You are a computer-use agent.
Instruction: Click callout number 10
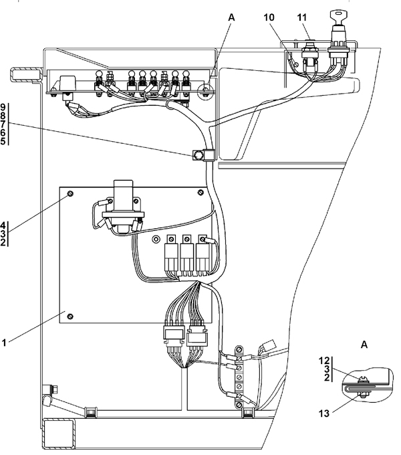tap(269, 17)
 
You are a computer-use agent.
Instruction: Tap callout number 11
tap(302, 17)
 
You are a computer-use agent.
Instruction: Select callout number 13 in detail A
tap(324, 413)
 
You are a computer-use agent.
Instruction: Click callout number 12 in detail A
tap(324, 361)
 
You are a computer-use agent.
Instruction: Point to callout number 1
tap(4, 343)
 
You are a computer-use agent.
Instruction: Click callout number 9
tap(3, 107)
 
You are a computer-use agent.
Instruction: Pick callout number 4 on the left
tap(3, 225)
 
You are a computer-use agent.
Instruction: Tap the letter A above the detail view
tap(364, 345)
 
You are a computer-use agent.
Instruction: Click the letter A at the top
tap(231, 17)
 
